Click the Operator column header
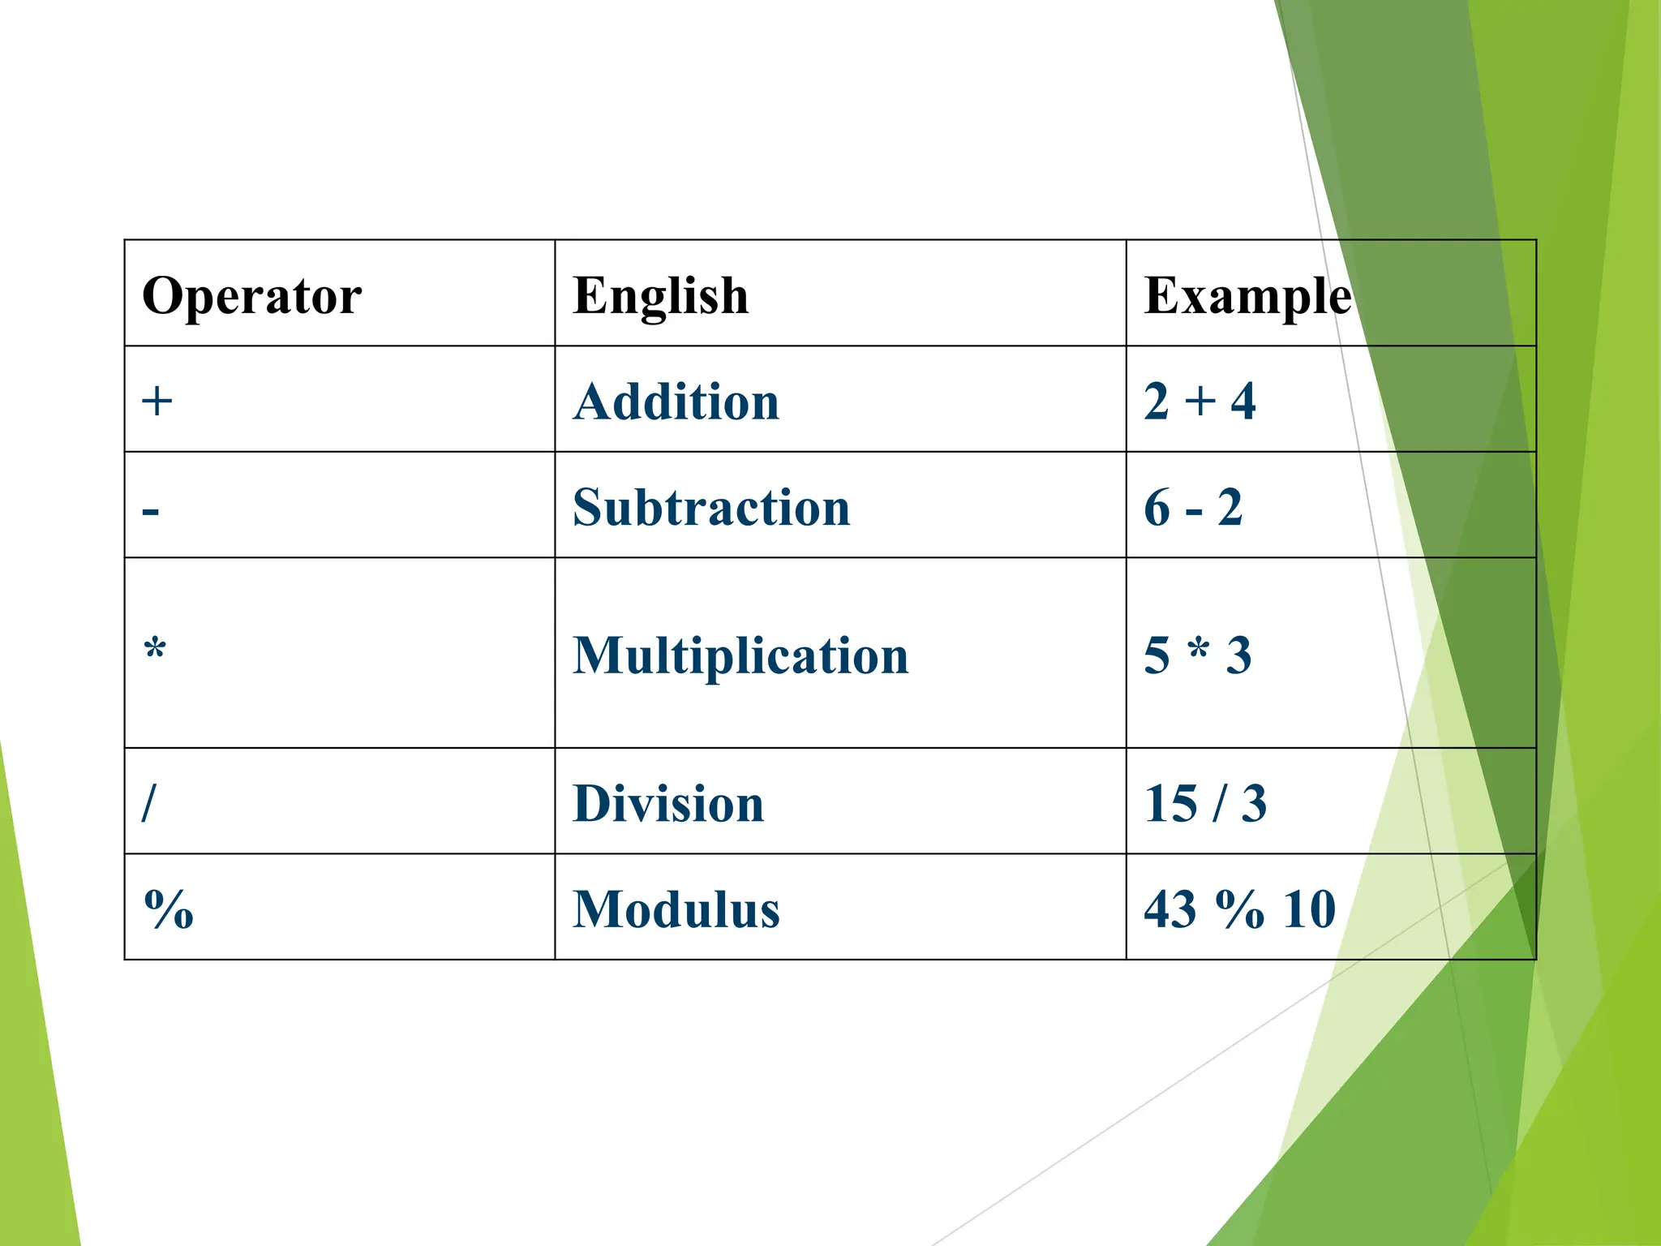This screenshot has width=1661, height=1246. pyautogui.click(x=251, y=295)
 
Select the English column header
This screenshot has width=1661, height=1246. pyautogui.click(x=660, y=295)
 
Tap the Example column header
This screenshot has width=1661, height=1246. pyautogui.click(x=1247, y=295)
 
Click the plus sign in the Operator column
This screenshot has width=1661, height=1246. pyautogui.click(x=157, y=401)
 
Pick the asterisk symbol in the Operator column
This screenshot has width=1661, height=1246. pyautogui.click(x=155, y=650)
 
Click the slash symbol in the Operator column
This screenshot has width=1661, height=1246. pyautogui.click(x=148, y=803)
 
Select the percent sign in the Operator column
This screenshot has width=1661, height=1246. pyautogui.click(x=169, y=909)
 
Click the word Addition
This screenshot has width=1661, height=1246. pyautogui.click(x=676, y=402)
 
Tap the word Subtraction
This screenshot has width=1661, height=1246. pyautogui.click(x=711, y=508)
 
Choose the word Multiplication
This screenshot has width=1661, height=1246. pyautogui.click(x=740, y=655)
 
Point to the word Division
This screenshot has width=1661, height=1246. pyautogui.click(x=668, y=804)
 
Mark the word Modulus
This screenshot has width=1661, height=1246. pyautogui.click(x=676, y=909)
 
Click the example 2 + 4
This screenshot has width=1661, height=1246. pyautogui.click(x=1200, y=402)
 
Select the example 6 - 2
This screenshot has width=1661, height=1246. pyautogui.click(x=1193, y=508)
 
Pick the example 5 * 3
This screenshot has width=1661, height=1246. pyautogui.click(x=1198, y=655)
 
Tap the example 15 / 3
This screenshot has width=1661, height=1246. pyautogui.click(x=1205, y=804)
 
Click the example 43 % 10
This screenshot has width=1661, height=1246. pyautogui.click(x=1239, y=909)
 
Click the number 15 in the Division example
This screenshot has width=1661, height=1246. pyautogui.click(x=1170, y=804)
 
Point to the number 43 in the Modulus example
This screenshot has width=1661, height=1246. pyautogui.click(x=1170, y=909)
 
